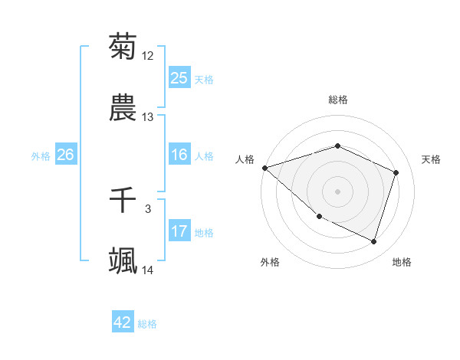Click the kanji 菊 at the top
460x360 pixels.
click(x=123, y=47)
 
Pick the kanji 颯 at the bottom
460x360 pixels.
click(x=123, y=261)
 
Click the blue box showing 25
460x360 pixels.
click(x=179, y=78)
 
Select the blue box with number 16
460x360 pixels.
click(x=179, y=155)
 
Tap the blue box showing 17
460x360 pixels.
click(x=179, y=231)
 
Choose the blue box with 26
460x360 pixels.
click(x=65, y=155)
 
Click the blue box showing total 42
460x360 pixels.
click(x=123, y=322)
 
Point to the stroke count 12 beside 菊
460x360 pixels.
click(x=148, y=56)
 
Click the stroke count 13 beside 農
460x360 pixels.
click(x=148, y=117)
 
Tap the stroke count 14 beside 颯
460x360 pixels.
click(x=148, y=270)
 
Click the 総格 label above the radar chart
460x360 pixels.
click(x=338, y=100)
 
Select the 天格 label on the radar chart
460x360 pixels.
click(x=432, y=159)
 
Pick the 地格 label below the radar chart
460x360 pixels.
click(x=402, y=262)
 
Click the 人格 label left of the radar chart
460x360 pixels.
click(x=245, y=159)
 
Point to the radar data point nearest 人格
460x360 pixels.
click(x=264, y=168)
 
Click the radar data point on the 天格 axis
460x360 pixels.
click(x=396, y=172)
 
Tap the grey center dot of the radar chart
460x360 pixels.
click(x=338, y=191)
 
